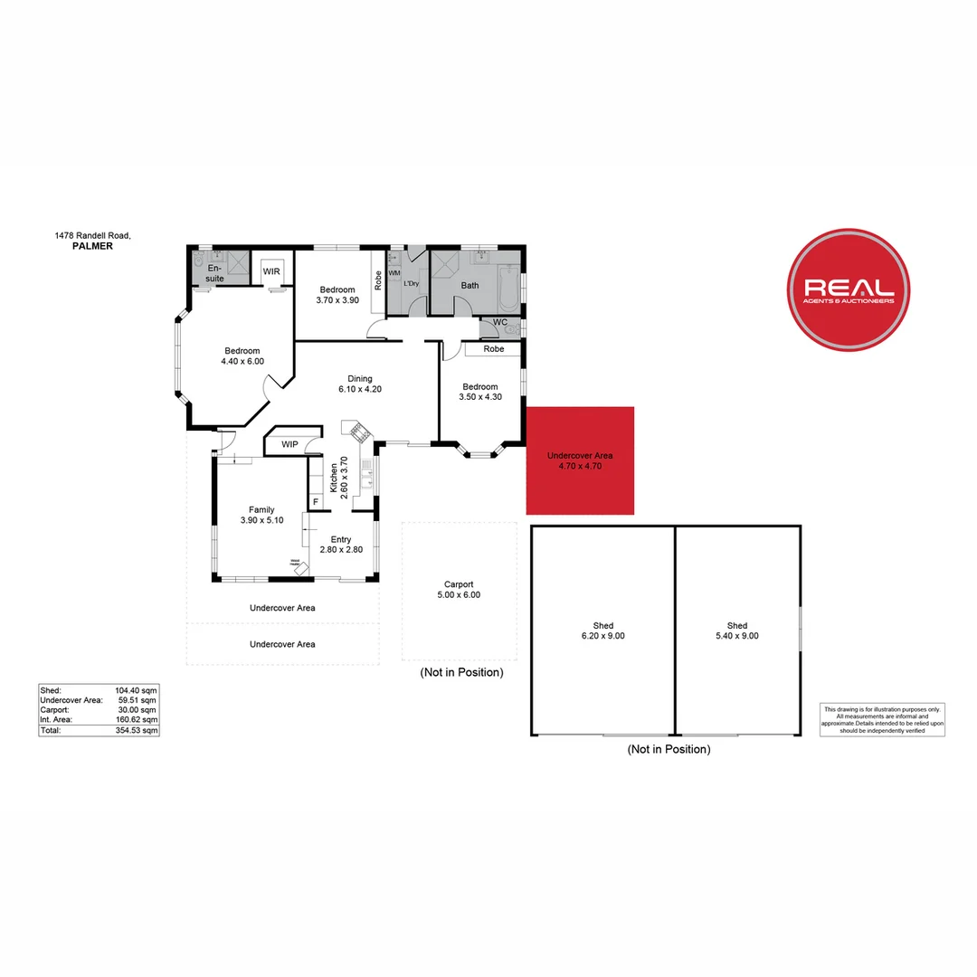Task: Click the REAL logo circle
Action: [848, 289]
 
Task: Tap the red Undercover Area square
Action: [581, 460]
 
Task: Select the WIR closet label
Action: [271, 271]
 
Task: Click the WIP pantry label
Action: [289, 444]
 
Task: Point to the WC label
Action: [500, 323]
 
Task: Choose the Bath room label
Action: [470, 285]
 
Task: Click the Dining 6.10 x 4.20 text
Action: [360, 384]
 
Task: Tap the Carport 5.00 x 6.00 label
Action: [459, 590]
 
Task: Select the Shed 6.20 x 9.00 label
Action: [603, 631]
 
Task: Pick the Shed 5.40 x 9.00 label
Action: [737, 631]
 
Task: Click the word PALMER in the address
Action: [92, 245]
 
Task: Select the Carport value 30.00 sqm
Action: [141, 710]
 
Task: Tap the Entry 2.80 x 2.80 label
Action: [341, 545]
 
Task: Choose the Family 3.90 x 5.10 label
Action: [261, 515]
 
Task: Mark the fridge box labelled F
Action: [316, 501]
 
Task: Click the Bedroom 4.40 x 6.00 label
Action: [242, 356]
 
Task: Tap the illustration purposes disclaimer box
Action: [882, 719]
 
